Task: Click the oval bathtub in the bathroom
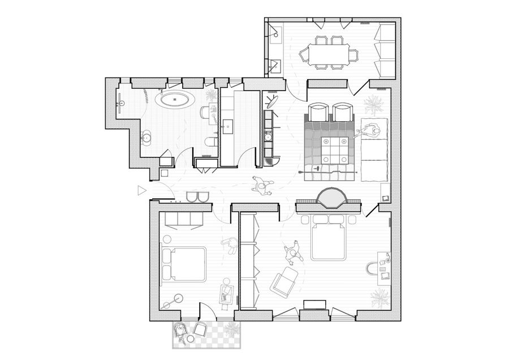point(175,100)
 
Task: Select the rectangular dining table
point(329,54)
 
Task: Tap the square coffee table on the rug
point(332,149)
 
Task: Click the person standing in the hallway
point(261,185)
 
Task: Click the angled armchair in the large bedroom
point(284,281)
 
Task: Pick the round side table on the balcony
point(191,338)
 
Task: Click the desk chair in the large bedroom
point(374,267)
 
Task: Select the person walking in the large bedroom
point(292,252)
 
